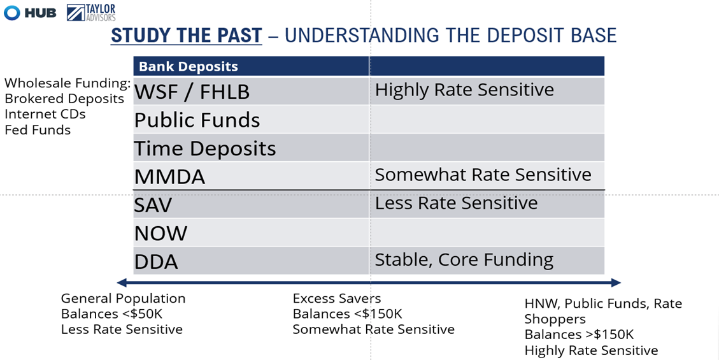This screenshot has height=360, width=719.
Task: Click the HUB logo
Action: (30, 13)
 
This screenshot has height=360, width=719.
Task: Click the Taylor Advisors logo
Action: (91, 12)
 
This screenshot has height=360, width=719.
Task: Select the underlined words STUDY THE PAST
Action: (186, 35)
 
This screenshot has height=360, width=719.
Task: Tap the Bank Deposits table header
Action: (188, 66)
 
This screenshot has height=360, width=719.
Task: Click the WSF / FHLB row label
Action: (192, 92)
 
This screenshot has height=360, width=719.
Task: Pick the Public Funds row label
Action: (197, 120)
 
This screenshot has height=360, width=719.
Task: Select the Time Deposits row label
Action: (205, 148)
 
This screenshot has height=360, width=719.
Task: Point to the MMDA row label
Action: (169, 177)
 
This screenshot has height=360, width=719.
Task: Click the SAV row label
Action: (153, 205)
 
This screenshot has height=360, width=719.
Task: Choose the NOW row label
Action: (160, 234)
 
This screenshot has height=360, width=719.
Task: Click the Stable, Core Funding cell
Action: (464, 260)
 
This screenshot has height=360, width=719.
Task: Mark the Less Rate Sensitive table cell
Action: (456, 203)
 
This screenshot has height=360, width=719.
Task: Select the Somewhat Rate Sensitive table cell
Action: (483, 175)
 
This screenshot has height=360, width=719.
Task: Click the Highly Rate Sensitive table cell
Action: (464, 90)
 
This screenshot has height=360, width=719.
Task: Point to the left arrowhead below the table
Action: (122, 282)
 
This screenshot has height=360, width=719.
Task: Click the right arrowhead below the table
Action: (616, 282)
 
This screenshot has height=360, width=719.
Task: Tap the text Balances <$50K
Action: (112, 313)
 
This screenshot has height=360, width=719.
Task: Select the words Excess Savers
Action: (336, 299)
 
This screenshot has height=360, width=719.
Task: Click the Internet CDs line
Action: (45, 114)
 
